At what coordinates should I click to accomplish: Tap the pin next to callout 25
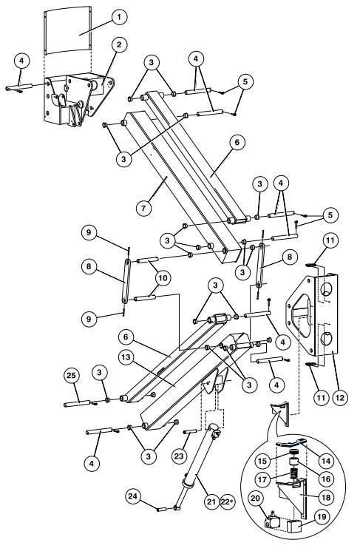(78, 404)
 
